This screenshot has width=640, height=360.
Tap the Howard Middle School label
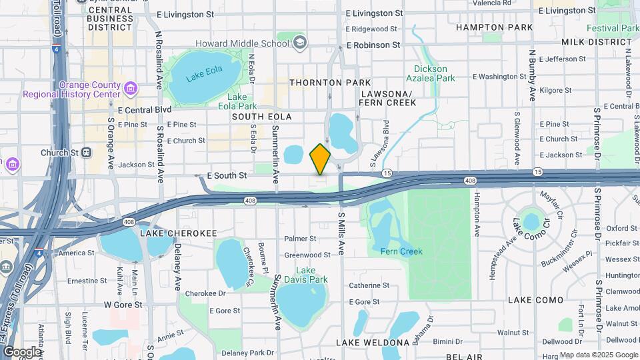point(242,43)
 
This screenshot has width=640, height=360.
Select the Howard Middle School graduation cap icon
point(300,43)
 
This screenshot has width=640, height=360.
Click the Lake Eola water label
point(204,75)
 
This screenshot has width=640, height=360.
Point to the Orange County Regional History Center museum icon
point(131,87)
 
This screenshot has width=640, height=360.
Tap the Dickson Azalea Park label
point(434,73)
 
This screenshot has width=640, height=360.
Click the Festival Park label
point(612,28)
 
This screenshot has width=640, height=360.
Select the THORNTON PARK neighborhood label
point(329,83)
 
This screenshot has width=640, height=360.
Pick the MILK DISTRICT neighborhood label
point(596,42)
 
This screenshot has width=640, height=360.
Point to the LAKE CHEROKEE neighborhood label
point(178,233)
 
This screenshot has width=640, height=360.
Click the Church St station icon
point(87,153)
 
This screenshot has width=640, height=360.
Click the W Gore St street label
point(123,305)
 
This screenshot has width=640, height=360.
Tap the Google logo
point(22,351)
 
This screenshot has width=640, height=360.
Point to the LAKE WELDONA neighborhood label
point(372,343)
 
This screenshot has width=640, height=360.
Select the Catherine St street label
point(369,285)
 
